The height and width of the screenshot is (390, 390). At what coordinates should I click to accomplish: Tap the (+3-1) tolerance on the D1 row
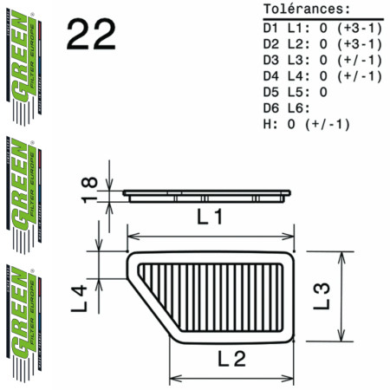[359, 28]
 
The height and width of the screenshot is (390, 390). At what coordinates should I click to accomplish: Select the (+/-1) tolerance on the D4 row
[359, 75]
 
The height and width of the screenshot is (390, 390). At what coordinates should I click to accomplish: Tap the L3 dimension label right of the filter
[322, 295]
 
